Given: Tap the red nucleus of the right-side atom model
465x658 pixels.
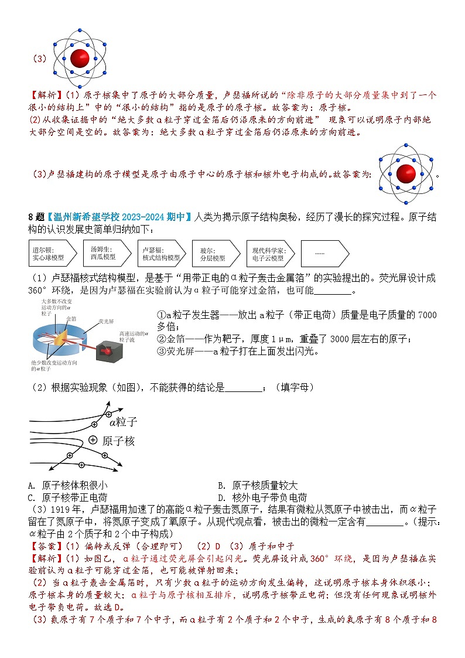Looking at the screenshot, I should [405, 174].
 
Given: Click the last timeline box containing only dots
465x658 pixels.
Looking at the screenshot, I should [322, 253].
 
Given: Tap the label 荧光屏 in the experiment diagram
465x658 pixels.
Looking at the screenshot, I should [106, 321].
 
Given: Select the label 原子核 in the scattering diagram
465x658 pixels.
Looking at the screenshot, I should [119, 441].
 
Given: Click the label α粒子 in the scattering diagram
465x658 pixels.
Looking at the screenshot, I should [123, 421].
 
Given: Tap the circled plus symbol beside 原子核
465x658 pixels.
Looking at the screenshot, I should [93, 440].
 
